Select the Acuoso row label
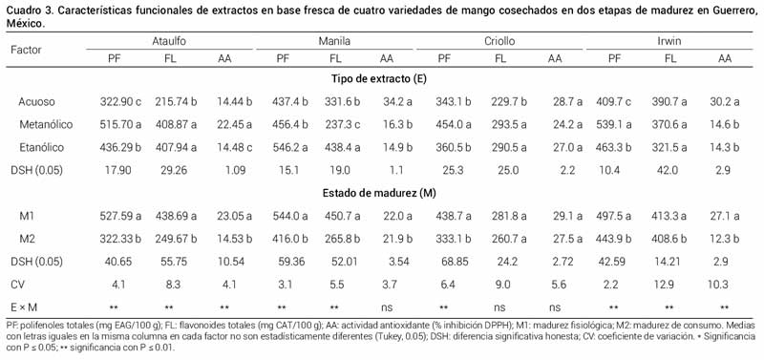pyautogui.click(x=36, y=100)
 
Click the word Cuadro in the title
pyautogui.click(x=23, y=9)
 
